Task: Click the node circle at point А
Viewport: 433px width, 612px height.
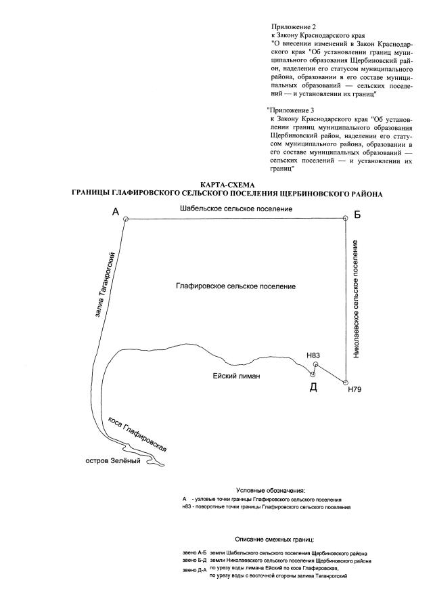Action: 125,219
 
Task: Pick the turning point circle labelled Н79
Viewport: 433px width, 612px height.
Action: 346,383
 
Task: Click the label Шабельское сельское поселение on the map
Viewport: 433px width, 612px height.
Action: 236,209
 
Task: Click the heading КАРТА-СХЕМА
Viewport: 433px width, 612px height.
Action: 227,185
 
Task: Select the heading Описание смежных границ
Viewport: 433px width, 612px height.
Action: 275,540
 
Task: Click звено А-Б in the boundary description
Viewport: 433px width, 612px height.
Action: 194,552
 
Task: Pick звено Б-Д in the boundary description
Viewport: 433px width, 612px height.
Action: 194,561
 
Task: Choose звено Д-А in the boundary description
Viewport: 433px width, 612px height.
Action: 194,570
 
